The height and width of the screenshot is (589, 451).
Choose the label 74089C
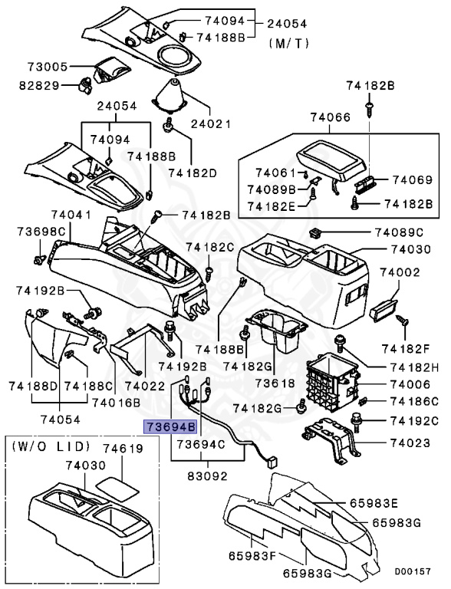click(399, 232)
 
